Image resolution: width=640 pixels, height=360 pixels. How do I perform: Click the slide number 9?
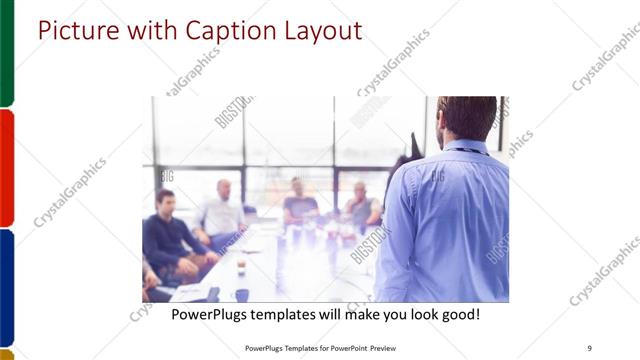tap(590, 348)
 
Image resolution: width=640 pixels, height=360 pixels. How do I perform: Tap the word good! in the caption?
tap(459, 315)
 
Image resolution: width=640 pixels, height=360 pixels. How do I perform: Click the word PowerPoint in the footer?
tap(345, 348)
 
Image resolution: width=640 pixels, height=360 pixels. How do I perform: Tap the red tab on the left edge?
tap(6, 167)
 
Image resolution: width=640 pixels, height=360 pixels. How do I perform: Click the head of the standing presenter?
tap(466, 116)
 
